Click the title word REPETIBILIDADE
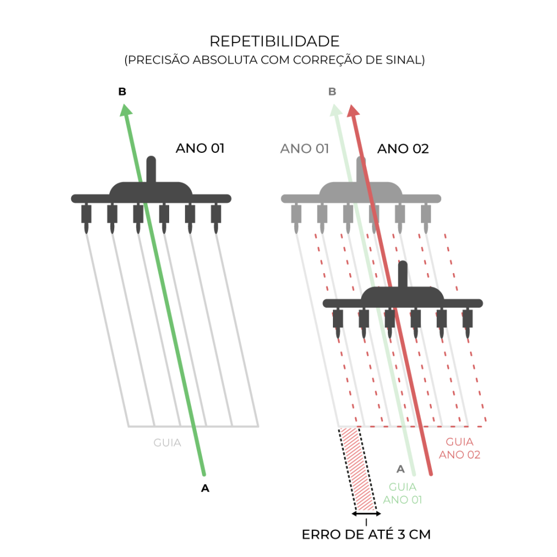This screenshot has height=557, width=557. pyautogui.click(x=275, y=41)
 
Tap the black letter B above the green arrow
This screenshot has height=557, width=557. pyautogui.click(x=122, y=91)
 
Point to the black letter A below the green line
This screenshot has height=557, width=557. pyautogui.click(x=205, y=488)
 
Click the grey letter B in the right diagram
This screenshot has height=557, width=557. pyautogui.click(x=332, y=91)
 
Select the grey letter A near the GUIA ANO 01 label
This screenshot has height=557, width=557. pyautogui.click(x=400, y=469)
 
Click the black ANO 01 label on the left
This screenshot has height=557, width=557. pyautogui.click(x=200, y=148)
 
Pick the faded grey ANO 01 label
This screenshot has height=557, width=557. pyautogui.click(x=305, y=148)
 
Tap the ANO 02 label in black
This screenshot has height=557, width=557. pyautogui.click(x=403, y=148)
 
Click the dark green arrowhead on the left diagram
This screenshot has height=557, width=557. pyautogui.click(x=126, y=110)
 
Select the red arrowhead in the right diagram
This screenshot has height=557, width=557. pyautogui.click(x=352, y=110)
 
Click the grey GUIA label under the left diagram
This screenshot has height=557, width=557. pyautogui.click(x=168, y=443)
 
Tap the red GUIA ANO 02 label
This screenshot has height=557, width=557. pyautogui.click(x=459, y=448)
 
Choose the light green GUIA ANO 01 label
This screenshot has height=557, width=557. pyautogui.click(x=403, y=493)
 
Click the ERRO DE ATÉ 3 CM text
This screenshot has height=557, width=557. pyautogui.click(x=366, y=534)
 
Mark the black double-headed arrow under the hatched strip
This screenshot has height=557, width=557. pyautogui.click(x=366, y=513)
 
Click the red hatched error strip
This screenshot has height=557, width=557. pyautogui.click(x=357, y=469)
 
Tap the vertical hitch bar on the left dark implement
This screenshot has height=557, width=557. pyautogui.click(x=151, y=170)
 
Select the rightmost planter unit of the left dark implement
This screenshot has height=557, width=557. pyautogui.click(x=216, y=219)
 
